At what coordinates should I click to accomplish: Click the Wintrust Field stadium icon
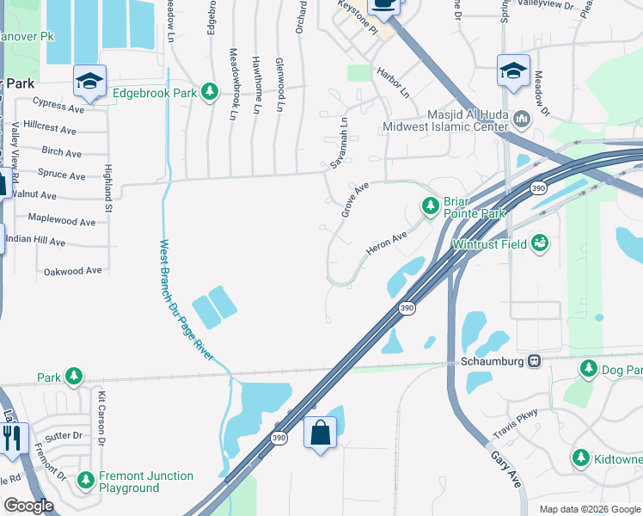(539, 243)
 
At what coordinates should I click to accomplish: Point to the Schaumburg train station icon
(535, 361)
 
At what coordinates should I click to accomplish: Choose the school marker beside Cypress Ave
(89, 81)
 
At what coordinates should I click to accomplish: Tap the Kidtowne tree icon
(580, 458)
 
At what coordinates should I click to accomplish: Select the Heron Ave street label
(386, 243)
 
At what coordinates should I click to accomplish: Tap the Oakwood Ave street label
(73, 271)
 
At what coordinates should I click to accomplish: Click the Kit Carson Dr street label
(101, 419)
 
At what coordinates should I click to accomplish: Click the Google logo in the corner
(28, 506)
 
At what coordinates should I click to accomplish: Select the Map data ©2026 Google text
(589, 509)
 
